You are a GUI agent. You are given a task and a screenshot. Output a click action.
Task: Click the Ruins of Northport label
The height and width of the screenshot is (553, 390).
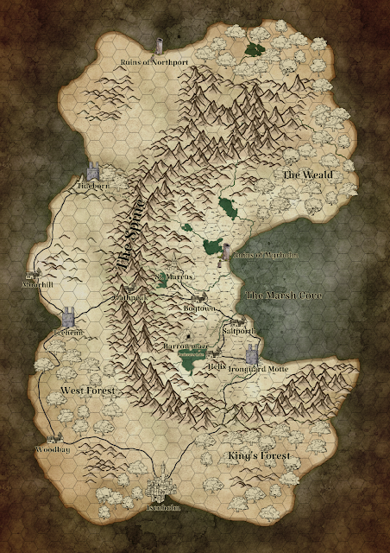(x=153, y=62)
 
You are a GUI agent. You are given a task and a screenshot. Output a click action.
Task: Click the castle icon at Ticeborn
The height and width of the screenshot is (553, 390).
(x=94, y=173)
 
